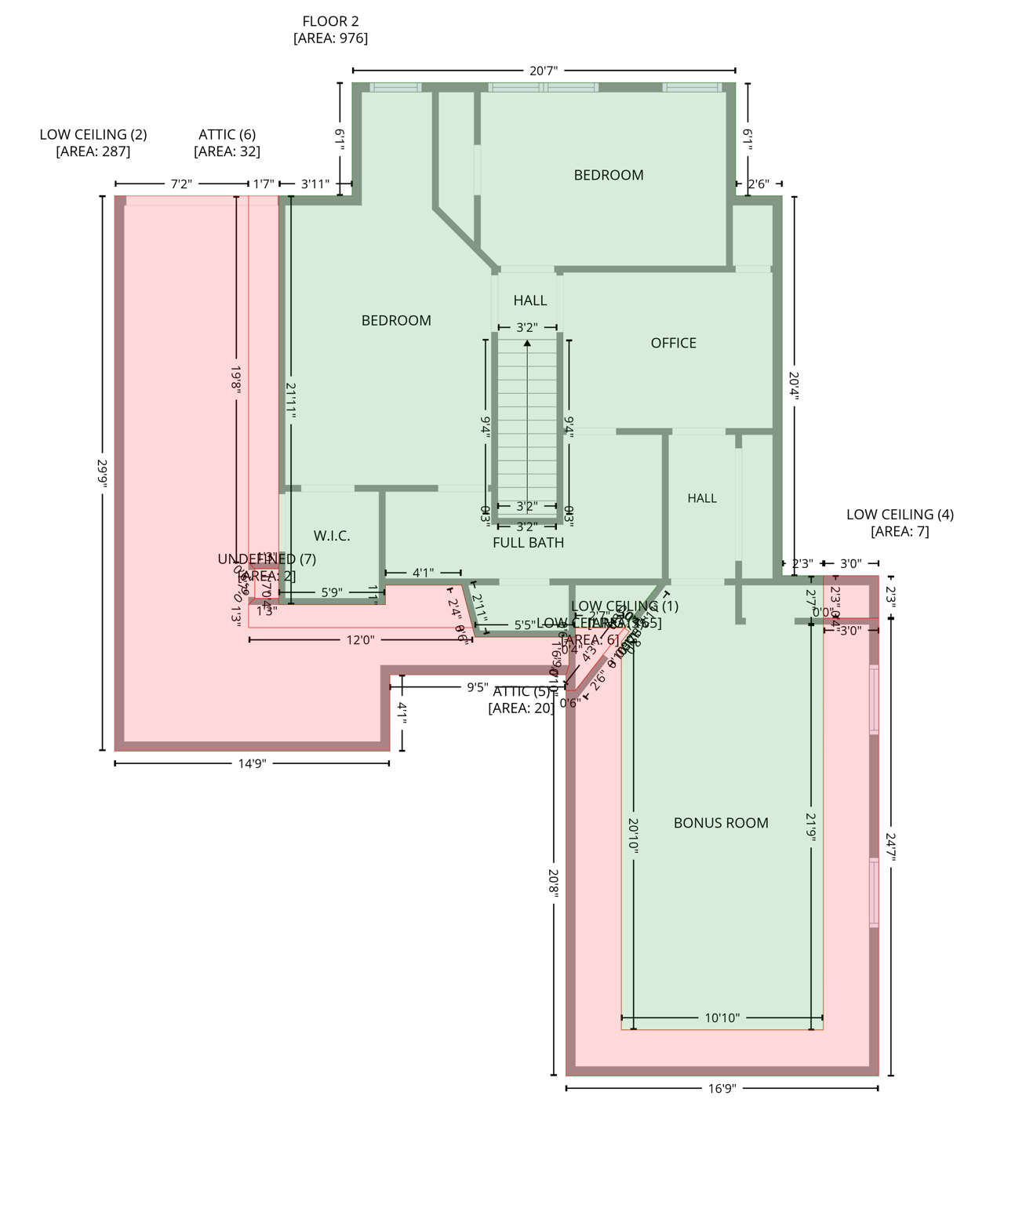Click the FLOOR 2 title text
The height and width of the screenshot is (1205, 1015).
click(x=330, y=21)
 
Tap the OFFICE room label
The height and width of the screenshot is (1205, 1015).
click(x=673, y=343)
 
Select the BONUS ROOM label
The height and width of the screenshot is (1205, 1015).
click(x=720, y=823)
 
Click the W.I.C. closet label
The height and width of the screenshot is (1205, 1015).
click(x=332, y=536)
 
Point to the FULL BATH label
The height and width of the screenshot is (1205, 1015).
click(x=528, y=542)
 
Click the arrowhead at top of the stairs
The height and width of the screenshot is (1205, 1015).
click(x=527, y=344)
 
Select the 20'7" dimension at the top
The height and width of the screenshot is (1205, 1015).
click(x=543, y=71)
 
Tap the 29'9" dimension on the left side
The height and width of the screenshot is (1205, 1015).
click(x=103, y=473)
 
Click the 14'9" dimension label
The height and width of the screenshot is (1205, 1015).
click(x=252, y=763)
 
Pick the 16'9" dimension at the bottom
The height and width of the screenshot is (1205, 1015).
click(x=722, y=1088)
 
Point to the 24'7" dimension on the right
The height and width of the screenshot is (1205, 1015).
click(x=891, y=847)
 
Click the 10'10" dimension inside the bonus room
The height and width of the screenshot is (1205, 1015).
click(x=722, y=1018)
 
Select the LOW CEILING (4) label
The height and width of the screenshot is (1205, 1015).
click(x=900, y=515)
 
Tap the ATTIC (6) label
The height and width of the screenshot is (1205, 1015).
click(x=227, y=134)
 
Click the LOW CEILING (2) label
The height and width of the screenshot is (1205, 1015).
click(x=93, y=134)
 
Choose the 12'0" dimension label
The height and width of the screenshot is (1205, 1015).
click(x=360, y=640)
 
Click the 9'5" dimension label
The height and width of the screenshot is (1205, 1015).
click(x=477, y=687)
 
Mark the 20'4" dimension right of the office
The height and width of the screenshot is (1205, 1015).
click(x=794, y=386)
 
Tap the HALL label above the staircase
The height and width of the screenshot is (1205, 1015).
click(x=529, y=300)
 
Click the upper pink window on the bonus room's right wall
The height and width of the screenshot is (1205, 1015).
click(x=874, y=700)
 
